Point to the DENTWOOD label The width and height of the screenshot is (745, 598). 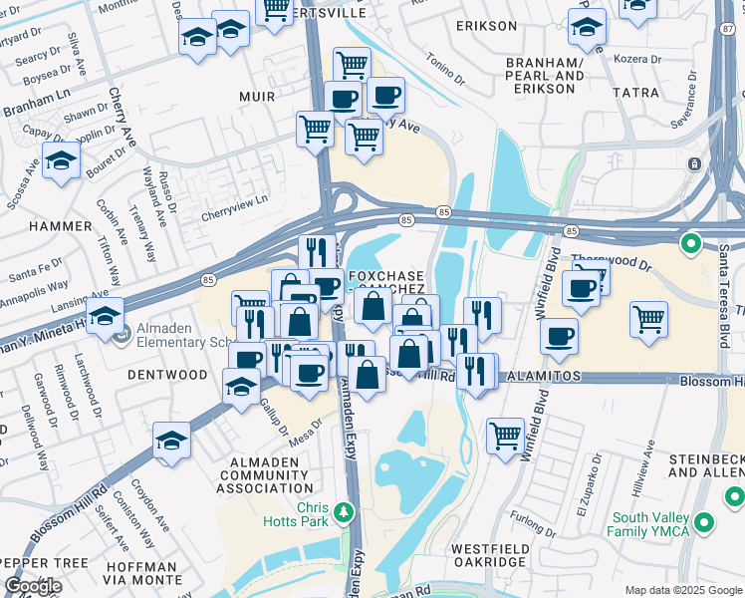(167, 375)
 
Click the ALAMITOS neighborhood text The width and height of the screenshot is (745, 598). (542, 380)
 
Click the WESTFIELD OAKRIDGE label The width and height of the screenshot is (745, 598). (488, 555)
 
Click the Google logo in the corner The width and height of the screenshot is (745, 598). (33, 586)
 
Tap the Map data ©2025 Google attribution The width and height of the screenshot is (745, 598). (683, 590)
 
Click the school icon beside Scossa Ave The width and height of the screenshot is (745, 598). (61, 161)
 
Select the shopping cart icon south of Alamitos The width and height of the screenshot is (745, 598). (506, 436)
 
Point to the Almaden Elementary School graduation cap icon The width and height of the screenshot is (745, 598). (105, 317)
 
